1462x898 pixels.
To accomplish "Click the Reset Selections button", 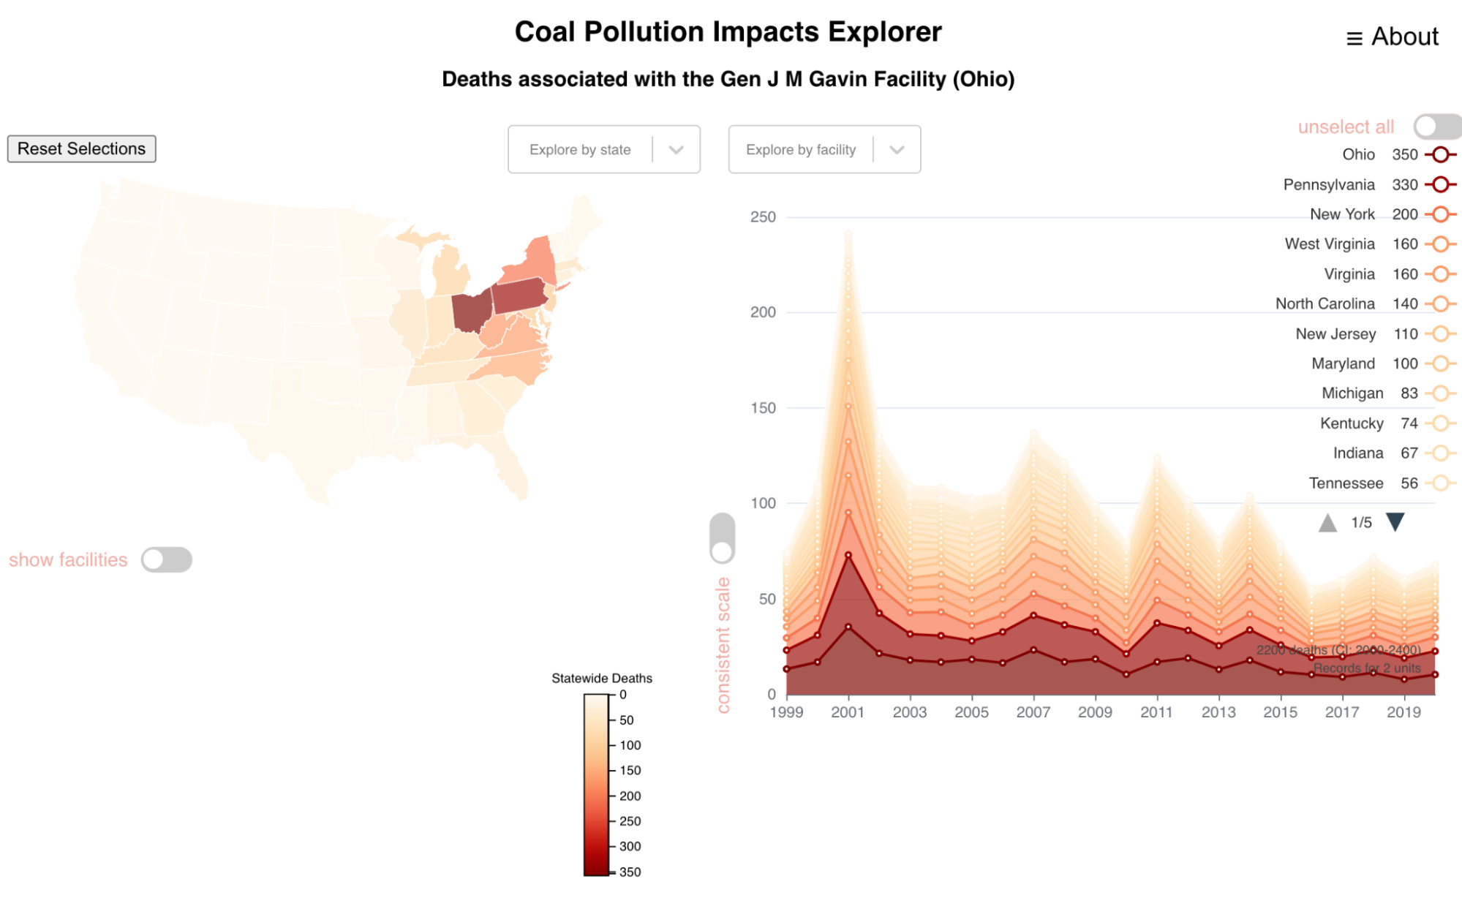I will coord(81,148).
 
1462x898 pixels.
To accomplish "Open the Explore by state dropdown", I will coord(603,149).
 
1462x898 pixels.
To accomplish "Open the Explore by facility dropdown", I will coord(824,149).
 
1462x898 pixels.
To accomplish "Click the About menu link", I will coord(1393,37).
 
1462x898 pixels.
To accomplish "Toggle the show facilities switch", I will coord(167,559).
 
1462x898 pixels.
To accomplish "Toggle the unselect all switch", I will coord(1436,127).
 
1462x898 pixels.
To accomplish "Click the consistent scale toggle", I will coord(722,538).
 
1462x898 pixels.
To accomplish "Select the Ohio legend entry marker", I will coord(1440,154).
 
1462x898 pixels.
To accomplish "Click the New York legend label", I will coord(1341,214).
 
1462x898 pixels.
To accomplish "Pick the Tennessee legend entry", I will coord(1346,483).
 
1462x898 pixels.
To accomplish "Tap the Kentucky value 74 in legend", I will coord(1409,423).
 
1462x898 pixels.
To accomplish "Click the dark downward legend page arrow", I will coord(1395,522).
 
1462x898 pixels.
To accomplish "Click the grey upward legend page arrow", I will coord(1327,523).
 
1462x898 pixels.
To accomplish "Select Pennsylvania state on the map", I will coord(519,295).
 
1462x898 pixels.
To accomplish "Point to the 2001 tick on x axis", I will coord(848,712).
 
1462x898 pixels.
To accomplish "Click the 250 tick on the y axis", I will coord(763,217).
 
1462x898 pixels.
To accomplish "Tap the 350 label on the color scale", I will coord(630,872).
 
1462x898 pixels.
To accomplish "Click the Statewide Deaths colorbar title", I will coord(601,679).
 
